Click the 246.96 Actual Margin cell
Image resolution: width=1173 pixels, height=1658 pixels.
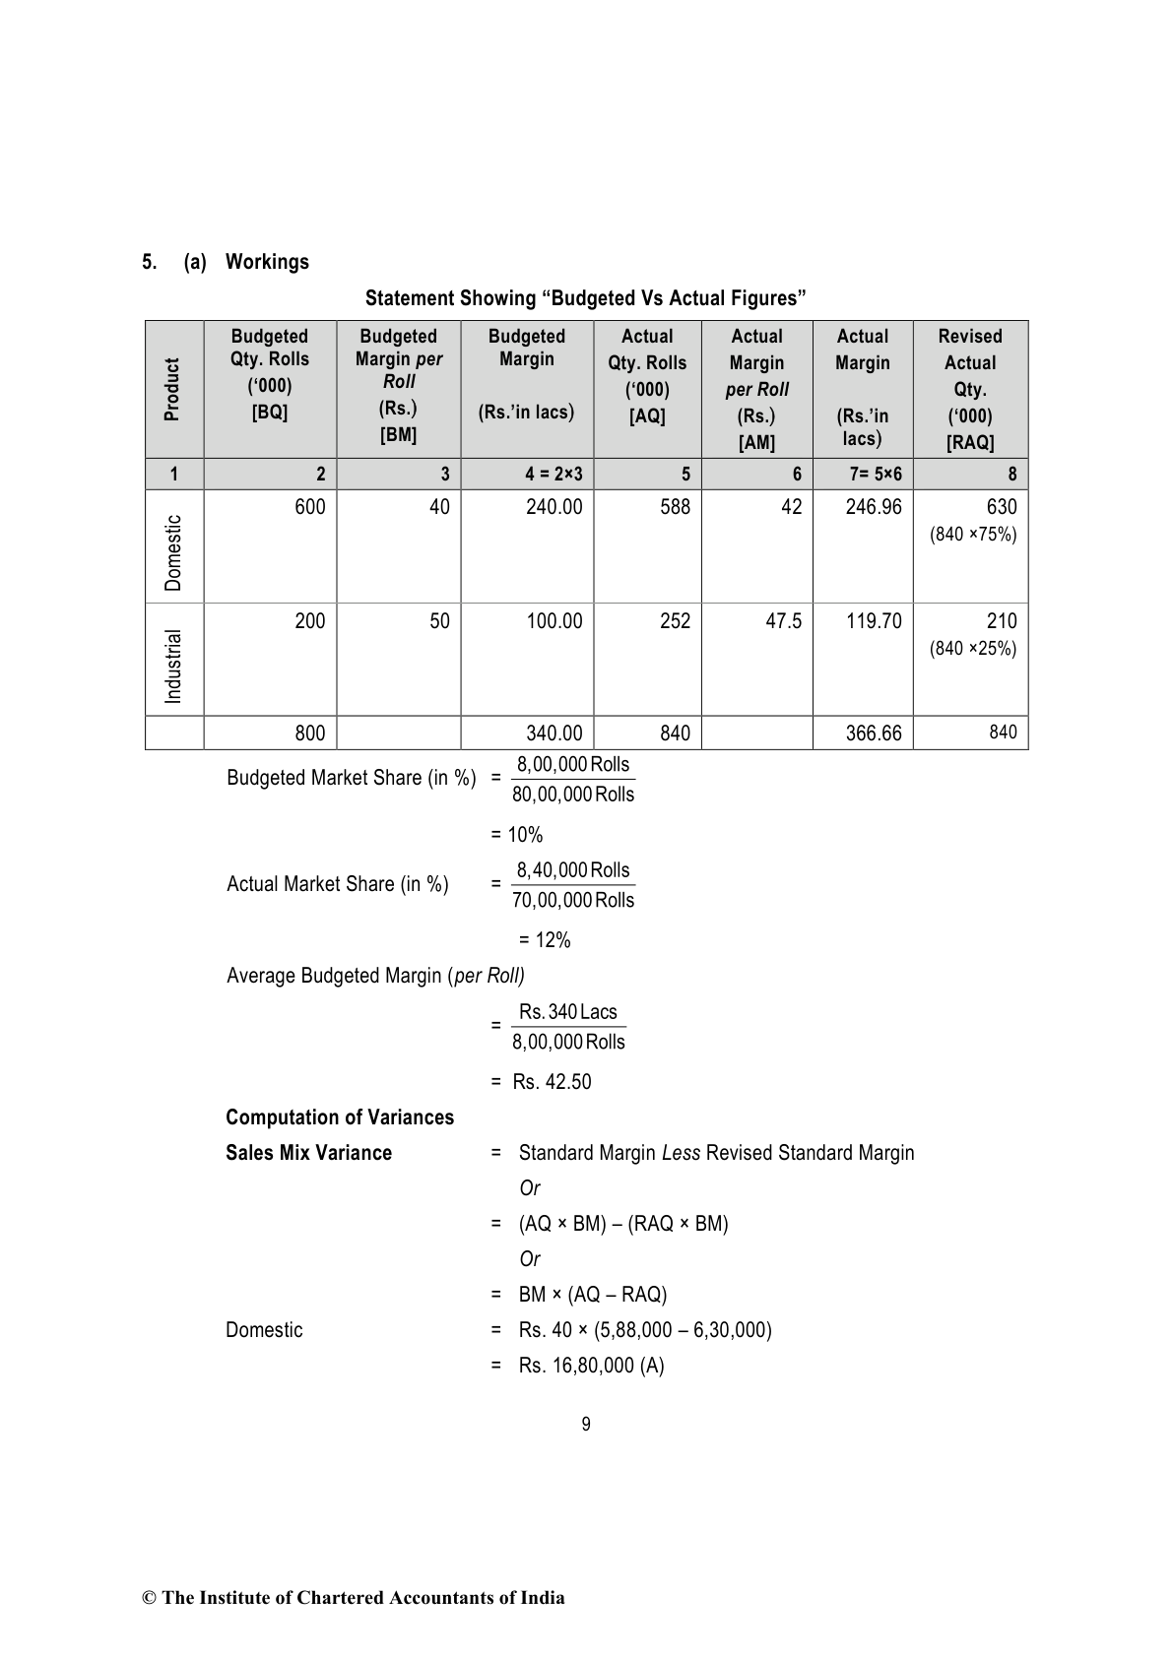pyautogui.click(x=874, y=507)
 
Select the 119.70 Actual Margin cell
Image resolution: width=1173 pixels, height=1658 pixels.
pyautogui.click(x=874, y=621)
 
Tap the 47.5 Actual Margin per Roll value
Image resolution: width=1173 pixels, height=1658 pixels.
pyautogui.click(x=783, y=621)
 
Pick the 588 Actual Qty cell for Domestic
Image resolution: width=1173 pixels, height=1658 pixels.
pyautogui.click(x=675, y=507)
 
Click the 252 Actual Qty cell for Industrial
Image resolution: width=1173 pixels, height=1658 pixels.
pyautogui.click(x=675, y=621)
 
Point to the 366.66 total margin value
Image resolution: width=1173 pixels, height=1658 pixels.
pyautogui.click(x=874, y=733)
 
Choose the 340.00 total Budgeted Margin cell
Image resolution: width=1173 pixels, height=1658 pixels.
pyautogui.click(x=554, y=733)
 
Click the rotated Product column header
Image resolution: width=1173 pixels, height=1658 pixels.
pyautogui.click(x=173, y=389)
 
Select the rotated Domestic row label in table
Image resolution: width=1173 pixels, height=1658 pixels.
pyautogui.click(x=173, y=552)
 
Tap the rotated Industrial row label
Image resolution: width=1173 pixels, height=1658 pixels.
pyautogui.click(x=173, y=666)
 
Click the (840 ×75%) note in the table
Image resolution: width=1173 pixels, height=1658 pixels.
pyautogui.click(x=973, y=535)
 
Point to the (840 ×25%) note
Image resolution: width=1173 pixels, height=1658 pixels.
pyautogui.click(x=973, y=649)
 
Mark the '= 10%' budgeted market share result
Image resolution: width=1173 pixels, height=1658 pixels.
pyautogui.click(x=517, y=835)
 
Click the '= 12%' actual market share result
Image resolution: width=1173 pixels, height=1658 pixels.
pyautogui.click(x=545, y=940)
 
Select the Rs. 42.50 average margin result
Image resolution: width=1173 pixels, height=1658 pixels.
pyautogui.click(x=552, y=1082)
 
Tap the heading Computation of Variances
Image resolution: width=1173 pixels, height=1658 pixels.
pyautogui.click(x=340, y=1117)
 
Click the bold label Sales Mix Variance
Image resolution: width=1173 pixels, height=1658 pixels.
pyautogui.click(x=308, y=1153)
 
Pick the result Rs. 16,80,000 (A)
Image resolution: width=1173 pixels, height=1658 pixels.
pyautogui.click(x=591, y=1366)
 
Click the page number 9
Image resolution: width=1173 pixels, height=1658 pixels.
pyautogui.click(x=586, y=1425)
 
